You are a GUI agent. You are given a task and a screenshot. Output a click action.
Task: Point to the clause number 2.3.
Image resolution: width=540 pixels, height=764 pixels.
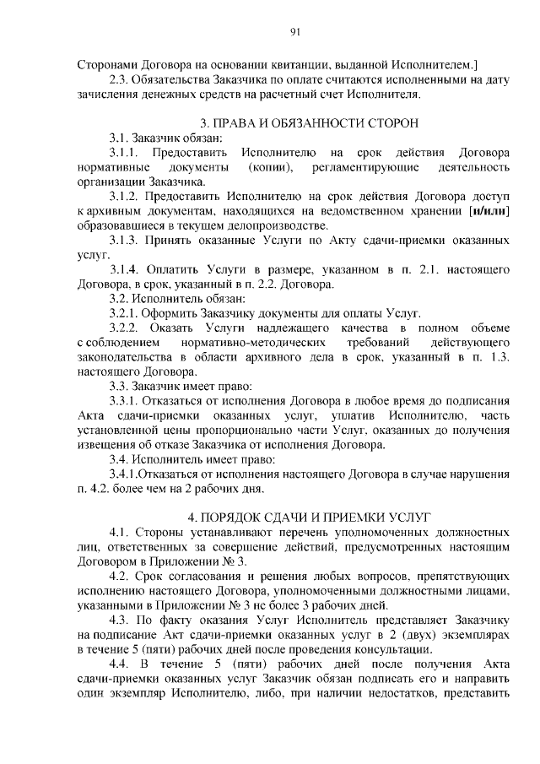[x=121, y=79]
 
